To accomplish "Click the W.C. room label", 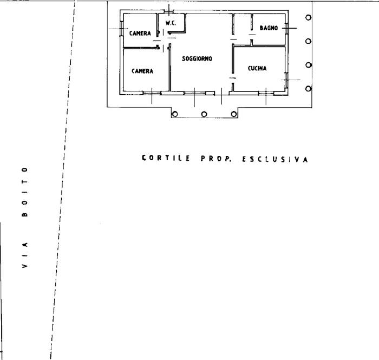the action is (x=171, y=23).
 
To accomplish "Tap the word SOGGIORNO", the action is (x=197, y=58).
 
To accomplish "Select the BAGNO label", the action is (x=269, y=28).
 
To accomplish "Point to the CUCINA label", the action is (x=257, y=68).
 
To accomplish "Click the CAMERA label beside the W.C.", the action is (x=140, y=33).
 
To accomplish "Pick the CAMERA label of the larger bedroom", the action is (x=142, y=71).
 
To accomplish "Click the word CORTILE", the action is (x=166, y=158).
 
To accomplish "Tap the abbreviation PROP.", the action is (x=216, y=159).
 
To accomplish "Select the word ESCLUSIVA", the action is (x=275, y=159).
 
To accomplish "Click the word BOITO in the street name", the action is (x=24, y=192).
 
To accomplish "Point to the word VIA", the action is (x=24, y=254).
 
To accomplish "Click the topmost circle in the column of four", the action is (x=308, y=17).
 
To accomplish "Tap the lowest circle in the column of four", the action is (x=308, y=89).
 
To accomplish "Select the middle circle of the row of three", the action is (x=204, y=114).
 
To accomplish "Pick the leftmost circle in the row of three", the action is (x=175, y=114).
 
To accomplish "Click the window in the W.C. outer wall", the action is (x=169, y=11).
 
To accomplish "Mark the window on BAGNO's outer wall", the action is (x=286, y=29).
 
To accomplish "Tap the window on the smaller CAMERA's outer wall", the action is (x=122, y=29).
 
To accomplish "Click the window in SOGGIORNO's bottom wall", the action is (x=195, y=93).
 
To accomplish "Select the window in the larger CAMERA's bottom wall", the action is (x=152, y=93).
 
